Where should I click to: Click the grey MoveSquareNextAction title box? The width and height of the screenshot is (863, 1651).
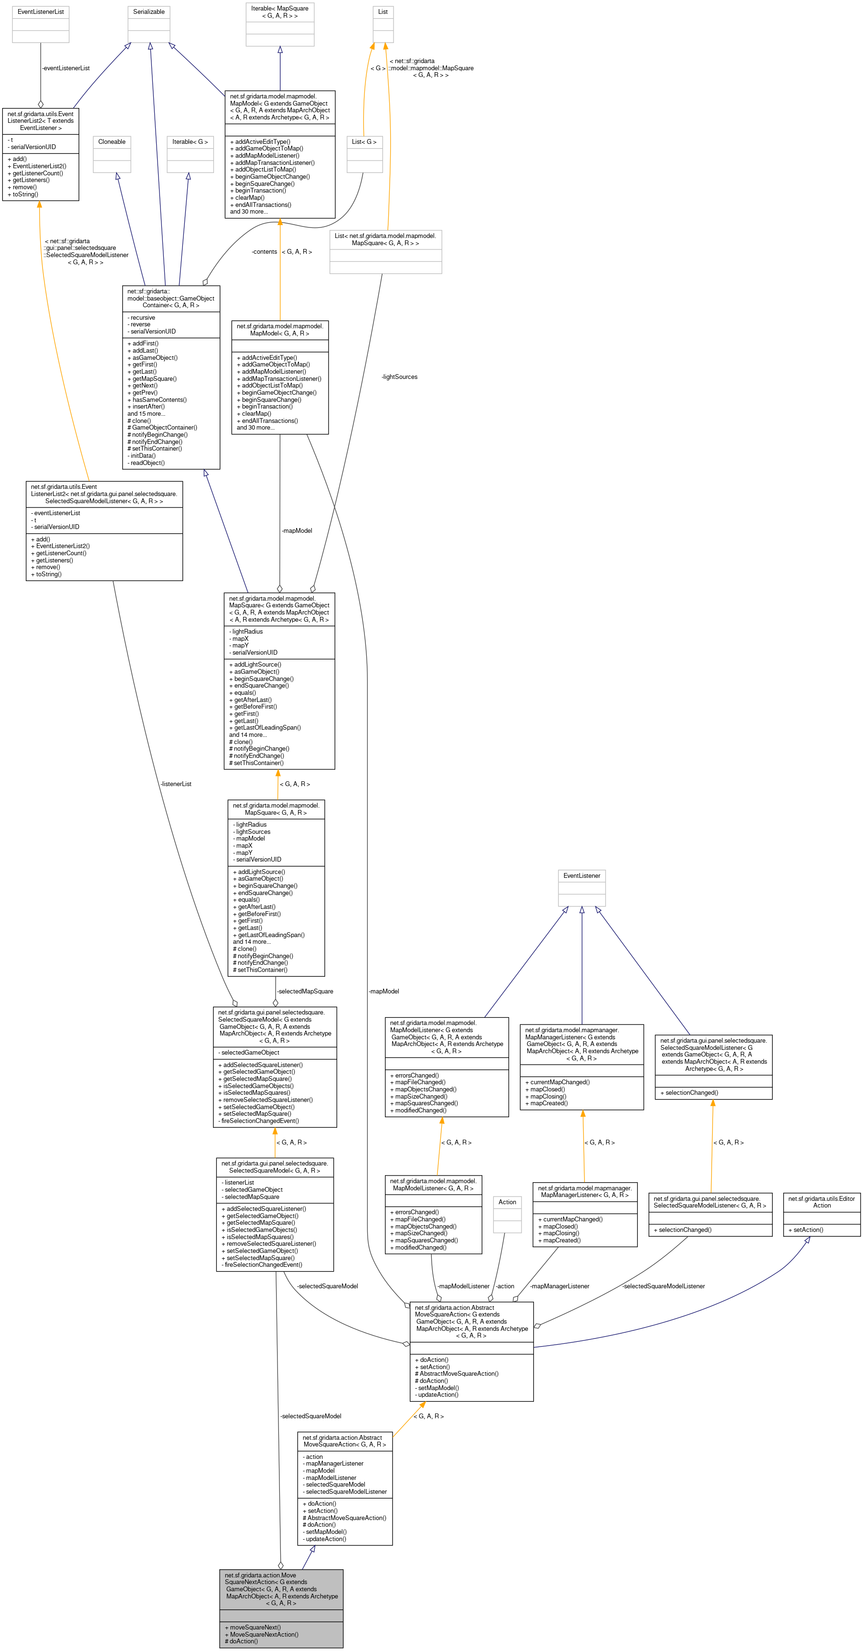point(281,1589)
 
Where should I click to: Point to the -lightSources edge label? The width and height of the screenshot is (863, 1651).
point(399,377)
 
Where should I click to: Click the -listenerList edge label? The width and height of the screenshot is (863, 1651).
point(176,784)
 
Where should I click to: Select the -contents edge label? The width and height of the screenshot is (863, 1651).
point(264,252)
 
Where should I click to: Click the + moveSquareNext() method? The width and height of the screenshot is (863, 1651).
point(253,1627)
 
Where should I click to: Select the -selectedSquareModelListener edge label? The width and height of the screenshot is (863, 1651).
point(663,1286)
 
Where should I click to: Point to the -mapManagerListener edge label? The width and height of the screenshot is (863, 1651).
point(559,1286)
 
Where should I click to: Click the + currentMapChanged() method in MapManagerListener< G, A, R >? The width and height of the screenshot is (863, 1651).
point(570,1219)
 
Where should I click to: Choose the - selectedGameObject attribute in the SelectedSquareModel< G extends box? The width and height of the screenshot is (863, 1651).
point(249,1052)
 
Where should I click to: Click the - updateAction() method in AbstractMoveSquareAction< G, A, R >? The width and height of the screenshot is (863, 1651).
point(324,1539)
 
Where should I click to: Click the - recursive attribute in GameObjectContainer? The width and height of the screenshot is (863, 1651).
point(141,318)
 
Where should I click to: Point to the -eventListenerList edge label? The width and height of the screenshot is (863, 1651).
point(65,68)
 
